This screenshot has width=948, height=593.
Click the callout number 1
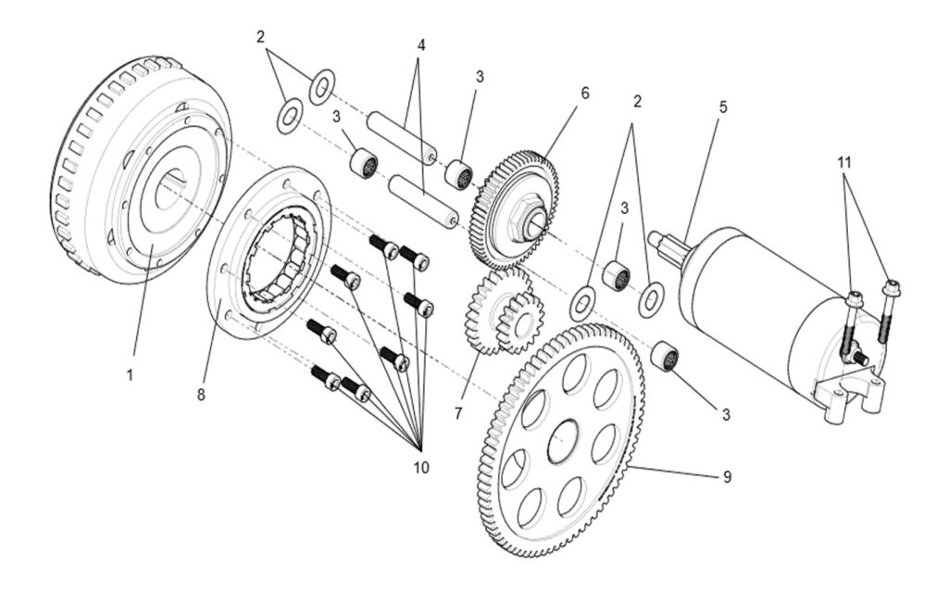click(x=131, y=376)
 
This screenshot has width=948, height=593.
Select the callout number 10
click(x=420, y=467)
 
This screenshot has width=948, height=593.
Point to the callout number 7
click(x=457, y=412)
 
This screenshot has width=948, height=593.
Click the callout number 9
click(x=727, y=476)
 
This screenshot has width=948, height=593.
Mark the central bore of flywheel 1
click(x=171, y=189)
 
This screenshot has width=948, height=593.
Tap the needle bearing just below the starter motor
click(x=666, y=356)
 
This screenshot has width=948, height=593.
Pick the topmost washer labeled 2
click(x=321, y=86)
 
